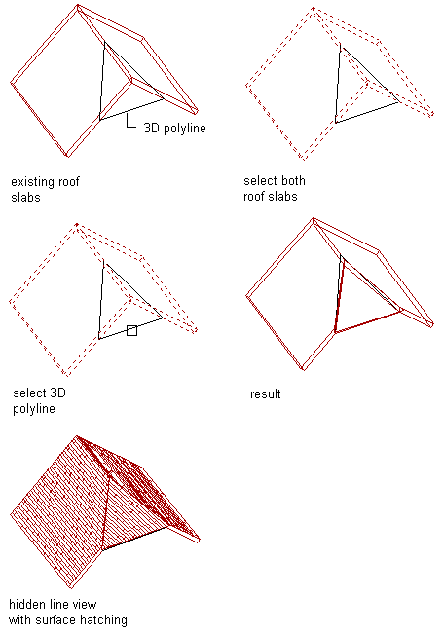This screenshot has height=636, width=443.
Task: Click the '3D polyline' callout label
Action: (x=174, y=129)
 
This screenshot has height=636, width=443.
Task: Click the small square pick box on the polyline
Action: (x=131, y=330)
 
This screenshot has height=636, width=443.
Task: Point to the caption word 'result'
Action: (x=265, y=393)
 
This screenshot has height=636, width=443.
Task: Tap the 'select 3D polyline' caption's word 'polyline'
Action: (x=34, y=408)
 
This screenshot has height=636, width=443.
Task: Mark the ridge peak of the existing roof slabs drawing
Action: (x=78, y=6)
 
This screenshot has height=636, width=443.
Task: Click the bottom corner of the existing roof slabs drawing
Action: (x=67, y=156)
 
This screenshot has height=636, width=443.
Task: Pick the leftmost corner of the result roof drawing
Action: (x=246, y=296)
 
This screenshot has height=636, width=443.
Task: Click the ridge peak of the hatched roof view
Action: (x=77, y=437)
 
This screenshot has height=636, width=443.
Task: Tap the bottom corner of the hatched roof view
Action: (x=71, y=587)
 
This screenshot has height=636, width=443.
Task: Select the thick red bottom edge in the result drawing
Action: (x=368, y=321)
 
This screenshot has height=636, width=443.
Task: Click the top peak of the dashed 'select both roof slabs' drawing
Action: (x=314, y=8)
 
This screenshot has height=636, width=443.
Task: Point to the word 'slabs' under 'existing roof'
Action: (x=25, y=198)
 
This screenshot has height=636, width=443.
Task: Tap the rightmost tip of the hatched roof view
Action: (x=200, y=540)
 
